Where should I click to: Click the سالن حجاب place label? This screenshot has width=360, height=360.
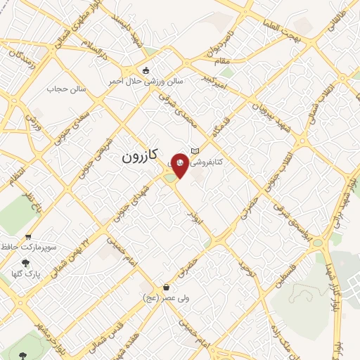66,89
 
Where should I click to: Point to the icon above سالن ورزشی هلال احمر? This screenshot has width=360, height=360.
146,70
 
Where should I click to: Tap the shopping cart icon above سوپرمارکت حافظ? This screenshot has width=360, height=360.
27,237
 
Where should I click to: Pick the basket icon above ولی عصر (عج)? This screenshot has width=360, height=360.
166,287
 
